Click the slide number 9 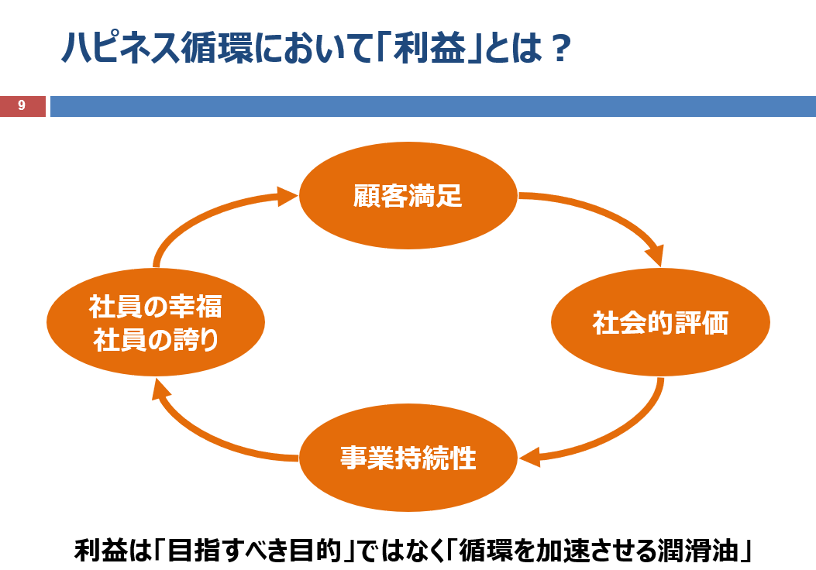click(x=22, y=105)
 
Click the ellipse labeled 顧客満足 click(x=408, y=195)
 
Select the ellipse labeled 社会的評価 click(x=660, y=322)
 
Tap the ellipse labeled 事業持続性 click(x=408, y=458)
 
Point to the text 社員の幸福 click(x=156, y=307)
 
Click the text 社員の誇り click(x=156, y=340)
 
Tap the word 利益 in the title click(x=429, y=48)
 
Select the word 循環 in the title click(x=217, y=48)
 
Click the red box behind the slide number click(x=23, y=106)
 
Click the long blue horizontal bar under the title click(x=433, y=106)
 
